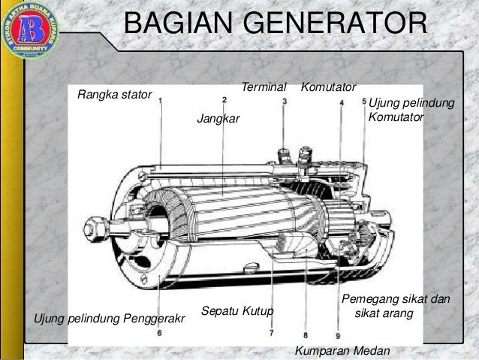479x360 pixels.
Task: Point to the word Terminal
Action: click(264, 88)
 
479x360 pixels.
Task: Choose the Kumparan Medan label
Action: click(342, 350)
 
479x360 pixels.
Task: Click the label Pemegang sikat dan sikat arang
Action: click(395, 306)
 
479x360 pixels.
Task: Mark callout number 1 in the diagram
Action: click(161, 101)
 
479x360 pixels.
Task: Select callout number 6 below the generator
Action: click(159, 331)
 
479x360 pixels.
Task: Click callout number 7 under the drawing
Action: click(270, 332)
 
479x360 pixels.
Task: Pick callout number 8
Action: click(306, 334)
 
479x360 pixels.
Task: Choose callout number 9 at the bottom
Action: click(338, 335)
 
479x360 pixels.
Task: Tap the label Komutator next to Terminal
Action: click(328, 88)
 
